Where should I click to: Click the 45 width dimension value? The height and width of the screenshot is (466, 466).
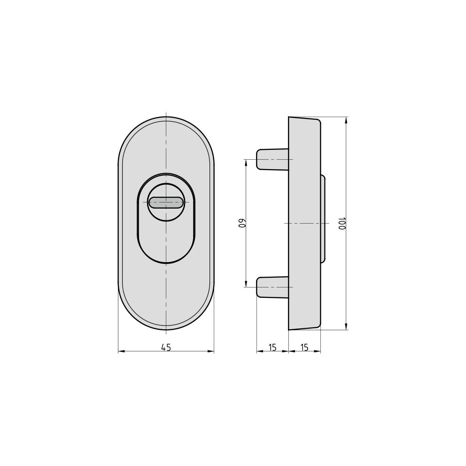point(166,347)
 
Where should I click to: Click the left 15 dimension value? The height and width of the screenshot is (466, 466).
point(272,347)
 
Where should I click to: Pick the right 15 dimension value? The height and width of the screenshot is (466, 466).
point(304,347)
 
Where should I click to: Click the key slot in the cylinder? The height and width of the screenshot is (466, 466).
point(166,202)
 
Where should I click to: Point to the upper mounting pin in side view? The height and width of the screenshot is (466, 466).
point(272,159)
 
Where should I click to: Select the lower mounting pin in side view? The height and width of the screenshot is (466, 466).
point(272,287)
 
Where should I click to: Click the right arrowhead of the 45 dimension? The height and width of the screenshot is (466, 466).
point(211,351)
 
